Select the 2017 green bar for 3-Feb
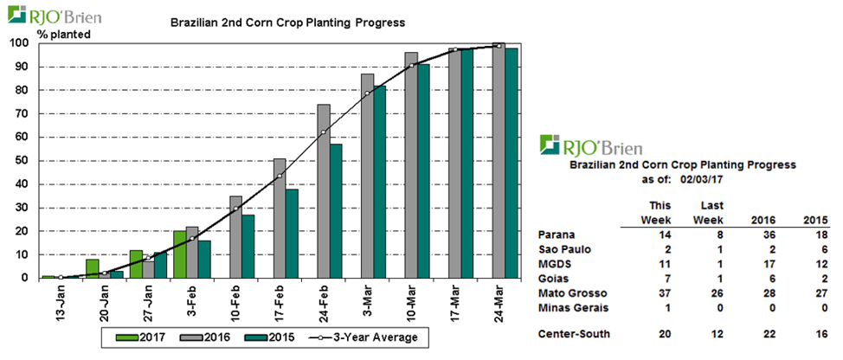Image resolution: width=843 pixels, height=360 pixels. (x=179, y=254)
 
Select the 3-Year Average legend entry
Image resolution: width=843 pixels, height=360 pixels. (x=357, y=337)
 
